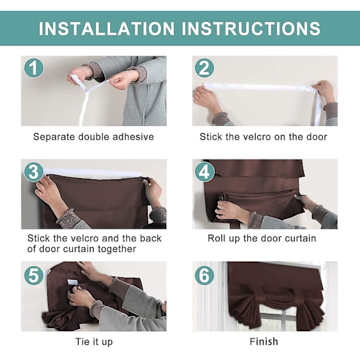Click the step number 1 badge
34,68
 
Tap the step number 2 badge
205,68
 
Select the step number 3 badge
34,172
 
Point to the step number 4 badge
205,172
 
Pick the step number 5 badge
34,275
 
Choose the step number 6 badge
205,275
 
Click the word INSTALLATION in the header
107,28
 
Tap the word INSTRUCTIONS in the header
251,28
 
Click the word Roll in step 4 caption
215,238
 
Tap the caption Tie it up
94,342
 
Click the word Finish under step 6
264,341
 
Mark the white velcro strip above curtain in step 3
92,173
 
